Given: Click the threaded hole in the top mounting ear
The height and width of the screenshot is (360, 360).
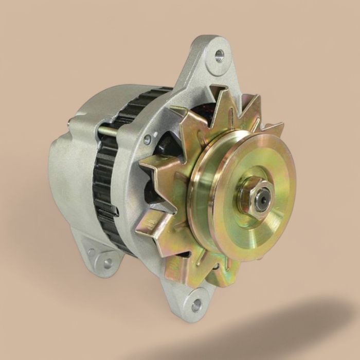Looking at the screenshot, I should tap(220, 53).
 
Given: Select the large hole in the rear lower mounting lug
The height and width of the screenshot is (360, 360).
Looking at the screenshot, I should tap(107, 263).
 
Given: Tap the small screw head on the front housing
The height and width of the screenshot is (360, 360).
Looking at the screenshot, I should tap(148, 139).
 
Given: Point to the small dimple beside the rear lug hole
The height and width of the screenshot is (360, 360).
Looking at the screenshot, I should tap(93, 253).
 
